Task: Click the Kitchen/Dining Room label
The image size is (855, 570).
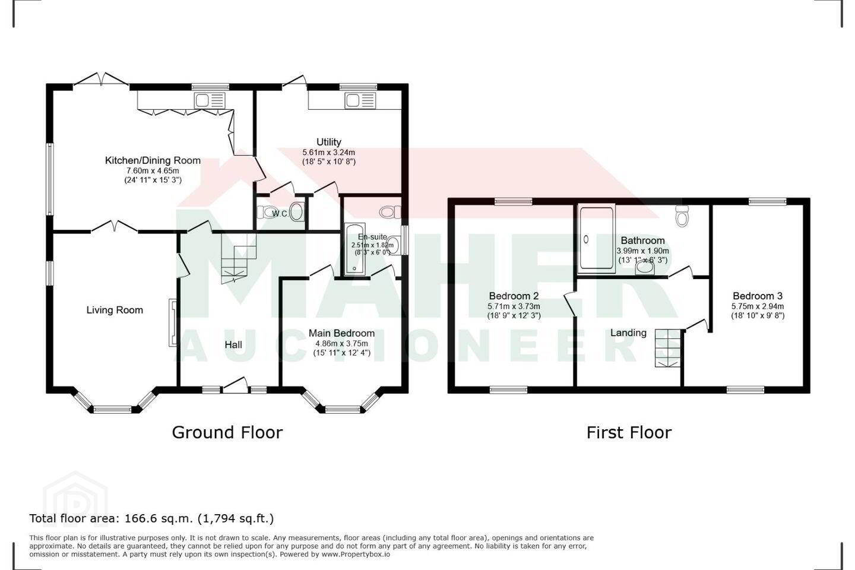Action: (x=153, y=160)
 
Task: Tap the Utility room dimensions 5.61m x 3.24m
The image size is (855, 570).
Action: (x=329, y=153)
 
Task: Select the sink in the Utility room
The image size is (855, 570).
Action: (x=360, y=101)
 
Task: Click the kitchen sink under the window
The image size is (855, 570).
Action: (x=210, y=101)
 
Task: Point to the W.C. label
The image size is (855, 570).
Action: (x=280, y=214)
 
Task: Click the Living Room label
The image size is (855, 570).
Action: (x=115, y=310)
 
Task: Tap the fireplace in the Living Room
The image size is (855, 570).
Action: (x=173, y=322)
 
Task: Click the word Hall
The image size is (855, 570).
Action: (x=233, y=345)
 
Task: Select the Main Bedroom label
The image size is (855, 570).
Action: (x=341, y=333)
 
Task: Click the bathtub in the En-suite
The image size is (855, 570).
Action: (x=355, y=249)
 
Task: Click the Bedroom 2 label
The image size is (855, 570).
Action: (x=514, y=296)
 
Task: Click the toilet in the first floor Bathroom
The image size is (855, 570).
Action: (x=682, y=216)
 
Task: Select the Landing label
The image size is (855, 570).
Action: (x=628, y=333)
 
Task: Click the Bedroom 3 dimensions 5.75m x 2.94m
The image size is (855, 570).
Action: (x=758, y=306)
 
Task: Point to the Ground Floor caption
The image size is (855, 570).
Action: (x=227, y=433)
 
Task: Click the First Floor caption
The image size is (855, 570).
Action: (x=629, y=433)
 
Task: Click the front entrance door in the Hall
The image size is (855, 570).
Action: (x=235, y=385)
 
